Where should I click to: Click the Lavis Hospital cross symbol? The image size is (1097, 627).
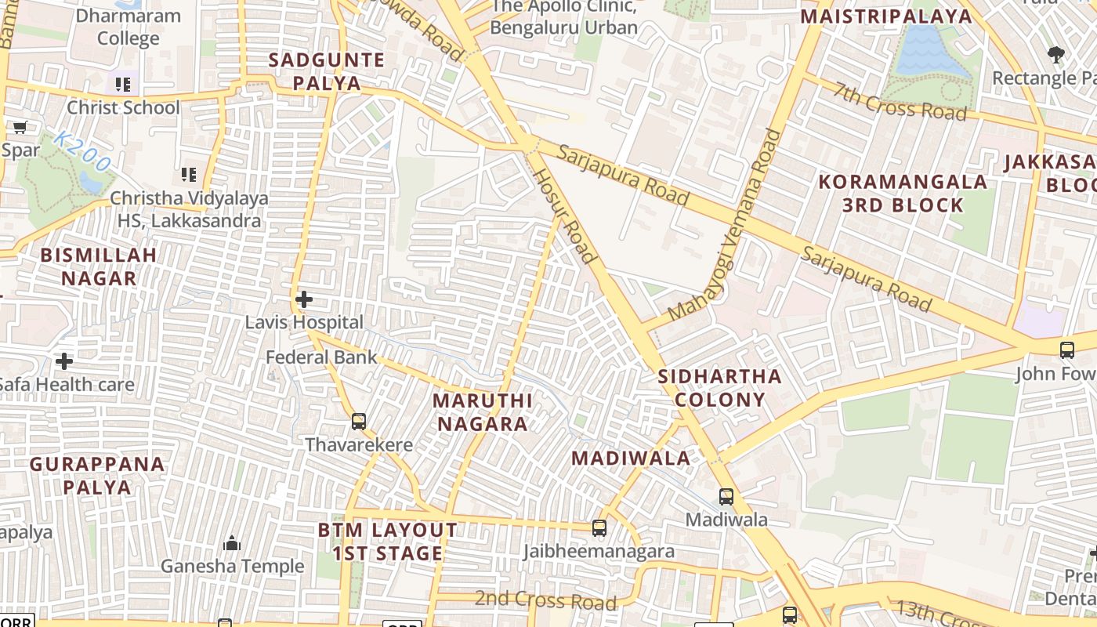304,299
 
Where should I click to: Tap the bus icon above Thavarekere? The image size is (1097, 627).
359,422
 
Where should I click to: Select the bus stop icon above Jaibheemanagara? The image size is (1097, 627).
599,528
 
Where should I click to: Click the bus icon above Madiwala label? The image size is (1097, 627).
726,496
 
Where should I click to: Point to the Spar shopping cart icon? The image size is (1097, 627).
20,127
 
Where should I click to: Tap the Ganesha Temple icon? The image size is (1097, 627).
232,542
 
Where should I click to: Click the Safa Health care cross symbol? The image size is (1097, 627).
64,361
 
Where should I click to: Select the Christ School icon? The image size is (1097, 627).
122,84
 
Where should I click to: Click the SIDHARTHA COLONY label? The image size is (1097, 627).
719,387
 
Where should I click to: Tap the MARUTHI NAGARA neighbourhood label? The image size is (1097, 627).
483,412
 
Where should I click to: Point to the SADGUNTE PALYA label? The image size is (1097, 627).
326,71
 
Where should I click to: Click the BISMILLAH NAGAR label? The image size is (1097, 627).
99,266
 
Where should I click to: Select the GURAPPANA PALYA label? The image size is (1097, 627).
98,475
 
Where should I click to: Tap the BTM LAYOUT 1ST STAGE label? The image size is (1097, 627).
388,542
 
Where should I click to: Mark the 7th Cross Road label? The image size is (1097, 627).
900,101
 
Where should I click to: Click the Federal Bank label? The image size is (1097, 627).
321,357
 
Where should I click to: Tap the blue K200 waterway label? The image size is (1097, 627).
83,152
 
